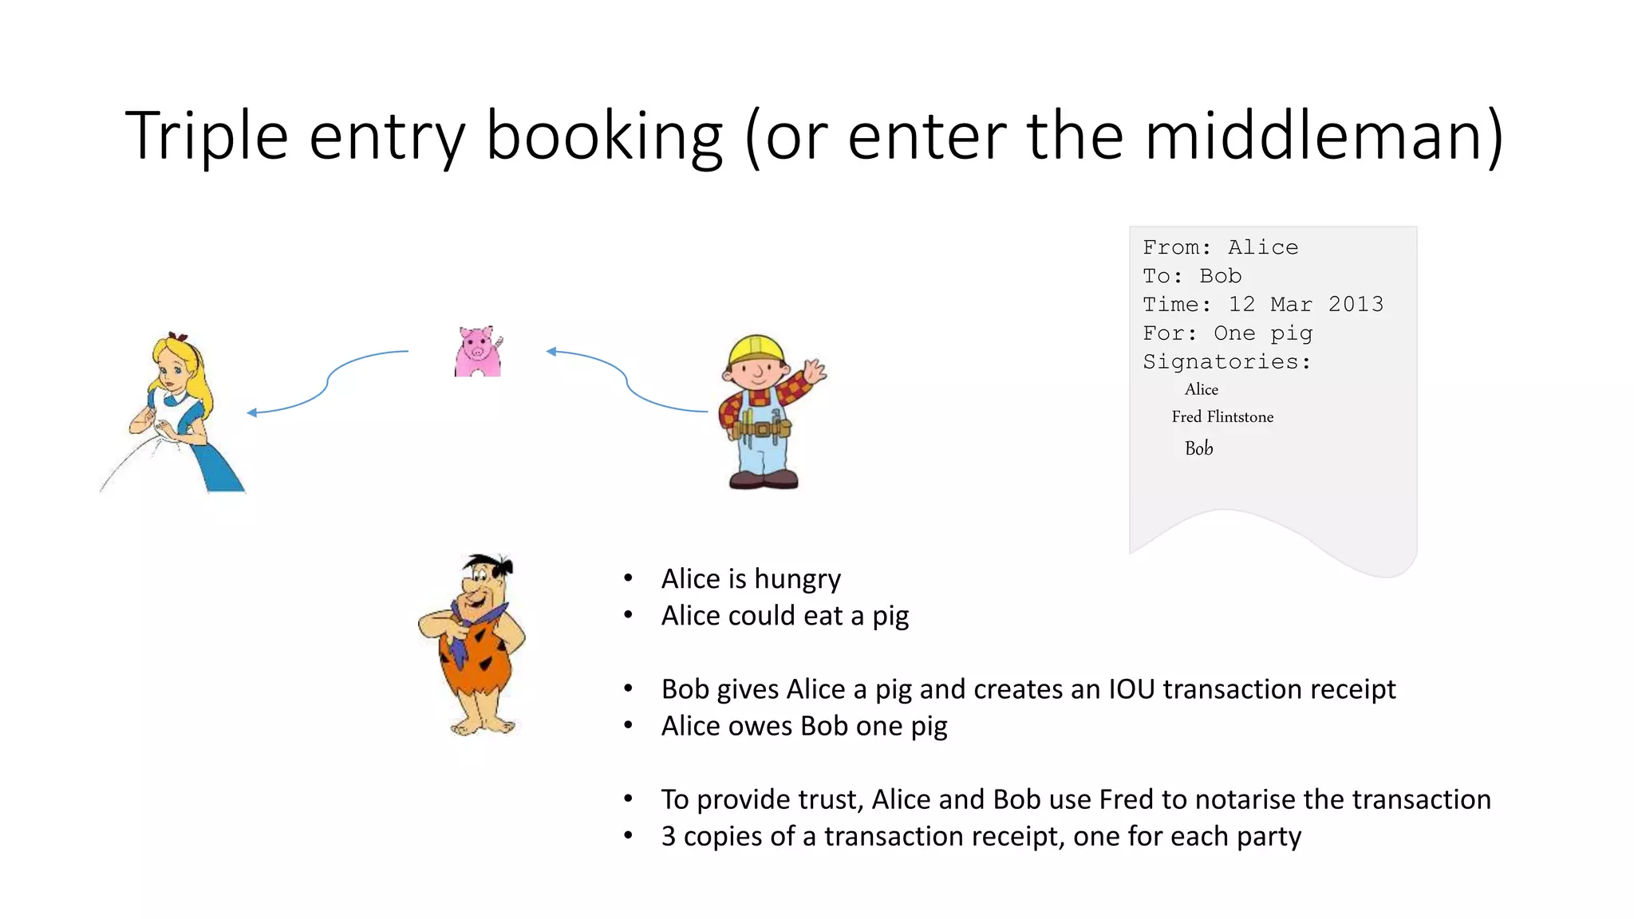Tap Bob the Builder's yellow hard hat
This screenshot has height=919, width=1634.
pyautogui.click(x=756, y=349)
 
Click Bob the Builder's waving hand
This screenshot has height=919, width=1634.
pyautogui.click(x=815, y=371)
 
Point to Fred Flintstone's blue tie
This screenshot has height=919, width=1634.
pyautogui.click(x=460, y=638)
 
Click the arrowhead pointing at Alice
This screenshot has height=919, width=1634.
pyautogui.click(x=252, y=412)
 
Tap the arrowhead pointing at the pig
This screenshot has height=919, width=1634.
pyautogui.click(x=551, y=351)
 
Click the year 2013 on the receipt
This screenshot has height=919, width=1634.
pyautogui.click(x=1356, y=304)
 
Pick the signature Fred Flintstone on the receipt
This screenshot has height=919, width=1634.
pyautogui.click(x=1222, y=416)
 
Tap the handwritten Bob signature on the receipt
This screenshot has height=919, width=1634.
pyautogui.click(x=1198, y=448)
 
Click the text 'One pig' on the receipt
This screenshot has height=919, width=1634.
pyautogui.click(x=1263, y=333)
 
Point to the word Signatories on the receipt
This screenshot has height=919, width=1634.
pyautogui.click(x=1225, y=361)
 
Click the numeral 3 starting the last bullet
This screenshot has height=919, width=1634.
pyautogui.click(x=669, y=836)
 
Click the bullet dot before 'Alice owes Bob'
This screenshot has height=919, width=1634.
pyautogui.click(x=629, y=726)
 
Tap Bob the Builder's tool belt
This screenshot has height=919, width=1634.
pyautogui.click(x=762, y=429)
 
